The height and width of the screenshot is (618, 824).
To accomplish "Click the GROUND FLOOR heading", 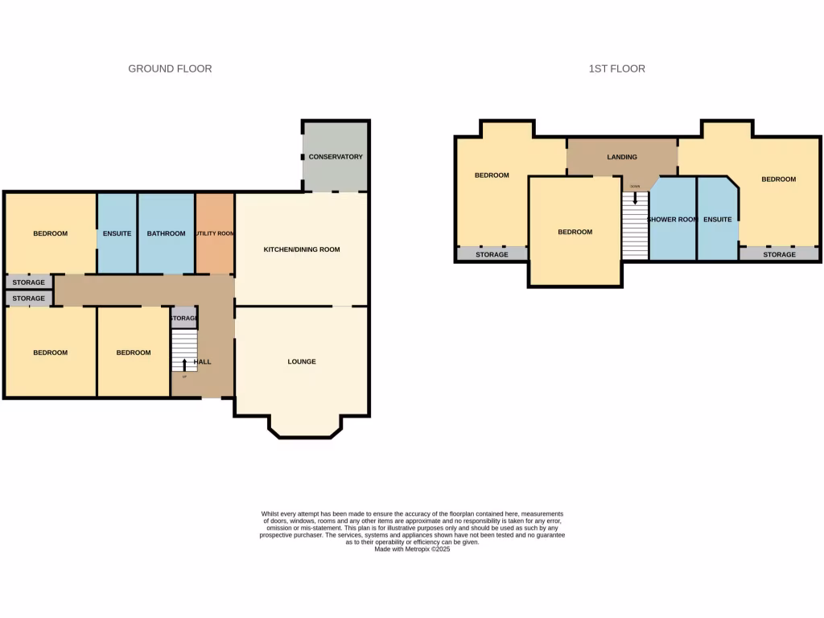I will pos(170,69).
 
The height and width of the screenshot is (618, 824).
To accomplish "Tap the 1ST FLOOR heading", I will pos(616,69).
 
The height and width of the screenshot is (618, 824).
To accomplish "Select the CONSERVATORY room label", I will pos(336,157).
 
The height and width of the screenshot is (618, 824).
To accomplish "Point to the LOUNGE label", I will pos(302,362).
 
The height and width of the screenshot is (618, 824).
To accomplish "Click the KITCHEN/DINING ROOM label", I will pos(302,249).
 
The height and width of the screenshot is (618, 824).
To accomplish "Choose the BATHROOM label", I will pos(166,234).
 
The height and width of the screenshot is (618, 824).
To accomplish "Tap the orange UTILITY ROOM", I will pos(215,234).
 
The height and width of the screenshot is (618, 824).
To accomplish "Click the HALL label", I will pos(203,362).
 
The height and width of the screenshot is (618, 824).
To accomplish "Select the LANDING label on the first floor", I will pos(622,158).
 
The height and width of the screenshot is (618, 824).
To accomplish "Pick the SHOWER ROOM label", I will pos(672,220).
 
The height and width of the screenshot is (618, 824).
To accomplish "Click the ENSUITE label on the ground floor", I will pos(117,234).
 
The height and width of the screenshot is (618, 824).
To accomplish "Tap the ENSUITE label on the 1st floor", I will pos(717,220).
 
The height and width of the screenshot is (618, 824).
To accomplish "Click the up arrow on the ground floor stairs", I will pos(184,365).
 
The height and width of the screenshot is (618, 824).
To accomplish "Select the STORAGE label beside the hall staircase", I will pos(183,319).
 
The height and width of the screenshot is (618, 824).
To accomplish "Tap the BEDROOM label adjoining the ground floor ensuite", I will pos(50,234).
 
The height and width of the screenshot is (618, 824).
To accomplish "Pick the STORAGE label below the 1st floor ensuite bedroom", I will pos(779,255).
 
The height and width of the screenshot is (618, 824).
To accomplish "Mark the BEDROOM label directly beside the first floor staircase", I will pos(575,233).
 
